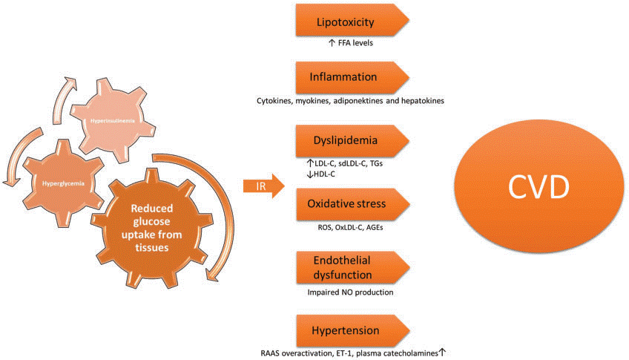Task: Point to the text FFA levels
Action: coord(351,44)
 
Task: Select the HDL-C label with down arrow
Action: coord(320,174)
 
